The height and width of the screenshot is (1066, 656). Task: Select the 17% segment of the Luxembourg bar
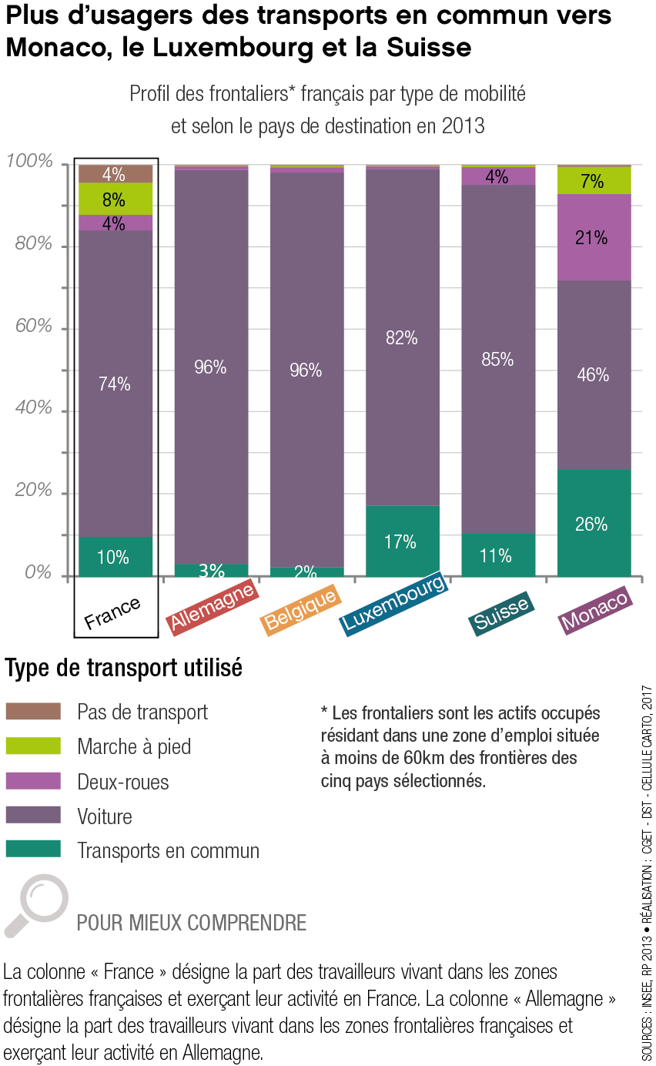coord(402,541)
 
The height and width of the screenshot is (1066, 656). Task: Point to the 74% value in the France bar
coord(115,384)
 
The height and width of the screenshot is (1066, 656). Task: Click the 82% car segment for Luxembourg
coord(402,337)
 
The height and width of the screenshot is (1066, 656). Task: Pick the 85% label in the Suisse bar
coord(497,359)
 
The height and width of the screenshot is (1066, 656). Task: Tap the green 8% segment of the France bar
coord(114,199)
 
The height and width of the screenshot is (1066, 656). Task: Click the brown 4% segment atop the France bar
coord(114,174)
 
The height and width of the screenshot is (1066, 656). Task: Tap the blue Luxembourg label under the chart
coord(394,604)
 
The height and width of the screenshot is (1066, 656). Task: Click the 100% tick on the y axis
coord(30,162)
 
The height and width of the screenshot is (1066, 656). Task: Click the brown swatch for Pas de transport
coord(32,711)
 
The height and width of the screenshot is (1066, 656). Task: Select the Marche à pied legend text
coord(134,746)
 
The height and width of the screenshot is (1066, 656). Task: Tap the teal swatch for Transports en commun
coord(32,850)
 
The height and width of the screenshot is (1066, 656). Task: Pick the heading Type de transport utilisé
coord(124,668)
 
